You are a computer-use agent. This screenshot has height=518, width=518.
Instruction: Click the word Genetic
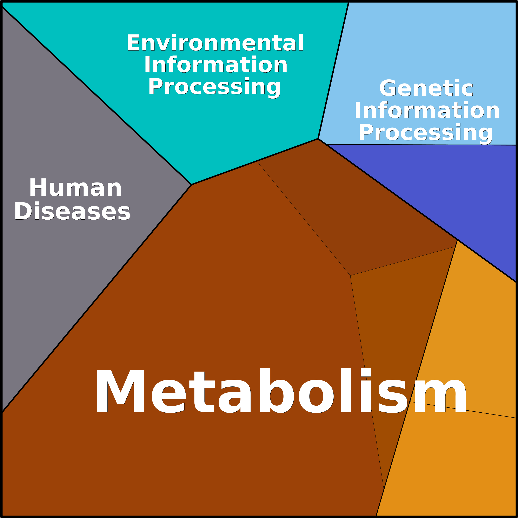[426, 88]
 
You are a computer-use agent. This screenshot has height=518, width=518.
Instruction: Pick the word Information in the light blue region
[427, 110]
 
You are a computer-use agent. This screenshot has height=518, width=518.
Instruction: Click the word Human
[75, 188]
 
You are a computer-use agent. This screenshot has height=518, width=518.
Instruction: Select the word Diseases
[72, 211]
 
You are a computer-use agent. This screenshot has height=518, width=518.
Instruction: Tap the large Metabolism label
[281, 390]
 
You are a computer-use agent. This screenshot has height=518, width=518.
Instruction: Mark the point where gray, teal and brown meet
[191, 185]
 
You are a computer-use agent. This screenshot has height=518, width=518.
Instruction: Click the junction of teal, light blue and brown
[318, 139]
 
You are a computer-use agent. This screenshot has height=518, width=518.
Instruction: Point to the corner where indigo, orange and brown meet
[457, 240]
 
